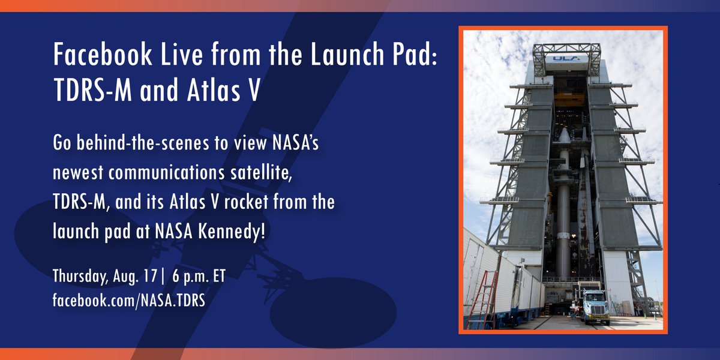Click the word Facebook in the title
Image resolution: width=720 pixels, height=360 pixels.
[x=103, y=54]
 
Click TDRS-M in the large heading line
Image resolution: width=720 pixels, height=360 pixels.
[x=92, y=89]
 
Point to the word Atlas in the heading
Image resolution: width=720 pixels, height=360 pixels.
[x=214, y=89]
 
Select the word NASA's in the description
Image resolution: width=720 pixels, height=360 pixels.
[x=295, y=142]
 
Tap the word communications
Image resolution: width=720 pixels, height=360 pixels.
[x=167, y=173]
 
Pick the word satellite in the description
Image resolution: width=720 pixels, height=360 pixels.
[x=262, y=173]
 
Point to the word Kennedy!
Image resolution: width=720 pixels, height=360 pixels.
[x=232, y=232]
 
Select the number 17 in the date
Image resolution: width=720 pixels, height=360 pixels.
[x=150, y=276]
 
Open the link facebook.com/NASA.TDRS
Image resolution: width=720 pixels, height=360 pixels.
[x=129, y=300]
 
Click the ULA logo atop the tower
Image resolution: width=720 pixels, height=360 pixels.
[x=566, y=59]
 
